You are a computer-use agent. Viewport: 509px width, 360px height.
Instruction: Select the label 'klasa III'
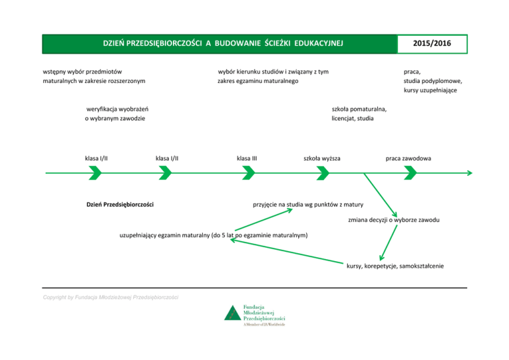point(247,158)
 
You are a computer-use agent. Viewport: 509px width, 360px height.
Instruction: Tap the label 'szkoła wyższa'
point(322,158)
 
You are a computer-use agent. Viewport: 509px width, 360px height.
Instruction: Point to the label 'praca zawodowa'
point(409,158)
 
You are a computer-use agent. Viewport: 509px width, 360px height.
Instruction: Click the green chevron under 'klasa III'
point(249,173)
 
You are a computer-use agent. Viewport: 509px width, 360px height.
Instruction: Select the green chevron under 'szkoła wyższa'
point(323,173)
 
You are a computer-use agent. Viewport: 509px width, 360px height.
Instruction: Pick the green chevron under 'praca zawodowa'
point(410,173)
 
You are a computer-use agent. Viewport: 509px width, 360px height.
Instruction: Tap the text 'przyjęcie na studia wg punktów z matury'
point(308,204)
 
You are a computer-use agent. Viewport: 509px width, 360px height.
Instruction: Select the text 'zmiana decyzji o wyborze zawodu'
point(394,219)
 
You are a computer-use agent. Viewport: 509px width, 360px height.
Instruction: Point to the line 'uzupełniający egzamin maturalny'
point(213,235)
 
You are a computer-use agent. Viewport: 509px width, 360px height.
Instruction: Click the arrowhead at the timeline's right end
point(469,173)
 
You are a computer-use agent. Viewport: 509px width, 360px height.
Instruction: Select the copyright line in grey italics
point(111,297)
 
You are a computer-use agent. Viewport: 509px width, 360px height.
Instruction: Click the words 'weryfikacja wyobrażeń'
point(117,109)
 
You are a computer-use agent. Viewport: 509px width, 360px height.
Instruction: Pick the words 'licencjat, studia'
point(353,119)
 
